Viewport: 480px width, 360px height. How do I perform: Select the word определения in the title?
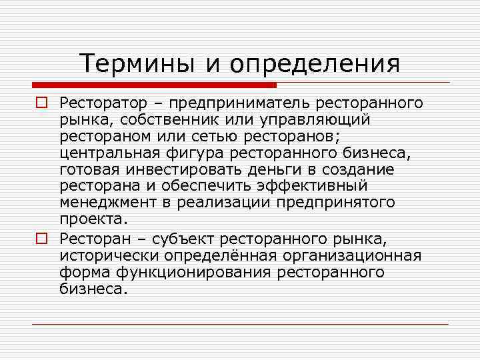pyautogui.click(x=314, y=64)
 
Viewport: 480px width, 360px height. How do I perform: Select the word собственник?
pyautogui.click(x=182, y=120)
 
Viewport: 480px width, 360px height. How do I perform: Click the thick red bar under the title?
pyautogui.click(x=154, y=85)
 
